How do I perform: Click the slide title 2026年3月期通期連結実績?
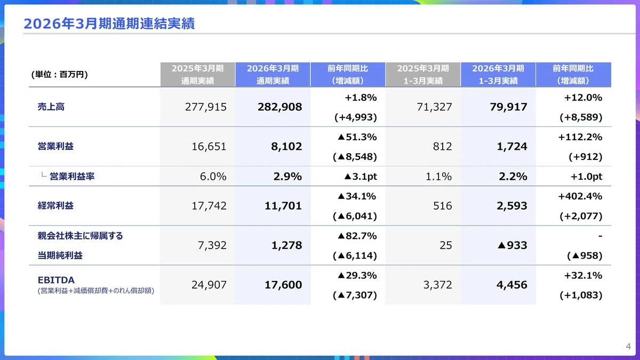[109, 23]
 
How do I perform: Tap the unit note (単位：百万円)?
[59, 74]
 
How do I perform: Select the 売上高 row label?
[51, 107]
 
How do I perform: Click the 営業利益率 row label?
[72, 177]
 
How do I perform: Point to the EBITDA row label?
[56, 279]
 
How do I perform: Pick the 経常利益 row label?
[55, 206]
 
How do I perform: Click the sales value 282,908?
[279, 107]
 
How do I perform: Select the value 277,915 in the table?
[206, 107]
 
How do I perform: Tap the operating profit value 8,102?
[286, 146]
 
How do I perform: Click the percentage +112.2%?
[580, 137]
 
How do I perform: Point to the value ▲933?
[513, 245]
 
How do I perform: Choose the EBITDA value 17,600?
[283, 285]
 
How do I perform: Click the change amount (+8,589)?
[581, 117]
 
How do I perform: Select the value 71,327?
[434, 107]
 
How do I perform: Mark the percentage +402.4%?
[580, 196]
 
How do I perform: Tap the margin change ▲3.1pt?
[361, 177]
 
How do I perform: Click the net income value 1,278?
[286, 245]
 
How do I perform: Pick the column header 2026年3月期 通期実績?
[273, 75]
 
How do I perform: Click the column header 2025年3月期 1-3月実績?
[423, 75]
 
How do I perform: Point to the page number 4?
[628, 346]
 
